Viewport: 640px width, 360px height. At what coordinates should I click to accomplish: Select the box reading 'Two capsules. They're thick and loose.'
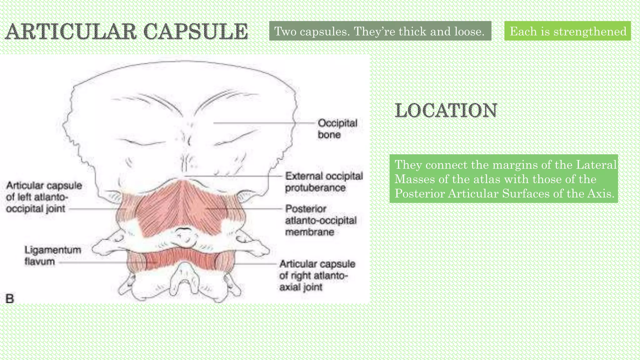coord(380,31)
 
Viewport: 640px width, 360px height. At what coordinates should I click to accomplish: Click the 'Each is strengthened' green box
coord(567,31)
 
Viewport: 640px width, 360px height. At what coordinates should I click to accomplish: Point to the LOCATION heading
coord(446,110)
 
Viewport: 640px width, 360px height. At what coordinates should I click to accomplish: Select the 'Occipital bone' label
coord(337,129)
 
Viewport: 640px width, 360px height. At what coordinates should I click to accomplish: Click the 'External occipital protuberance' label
coord(324,182)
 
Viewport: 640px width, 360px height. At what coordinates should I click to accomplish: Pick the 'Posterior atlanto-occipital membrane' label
coord(321,220)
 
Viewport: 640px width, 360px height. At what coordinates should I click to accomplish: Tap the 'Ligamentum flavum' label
coord(53,256)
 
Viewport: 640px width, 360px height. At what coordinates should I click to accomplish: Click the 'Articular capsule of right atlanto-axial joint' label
coord(317,275)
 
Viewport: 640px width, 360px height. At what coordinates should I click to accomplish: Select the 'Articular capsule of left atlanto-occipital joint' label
coord(44,197)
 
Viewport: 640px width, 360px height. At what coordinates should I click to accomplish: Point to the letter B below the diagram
coord(10,298)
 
